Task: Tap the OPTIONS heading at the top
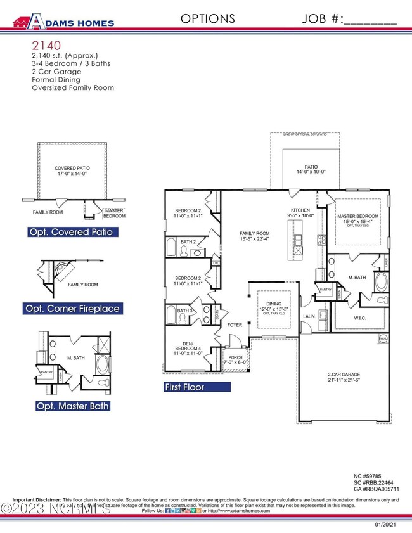coord(208,19)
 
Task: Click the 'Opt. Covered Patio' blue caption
coord(71,232)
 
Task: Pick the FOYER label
coord(235,324)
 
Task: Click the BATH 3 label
coord(184,311)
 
